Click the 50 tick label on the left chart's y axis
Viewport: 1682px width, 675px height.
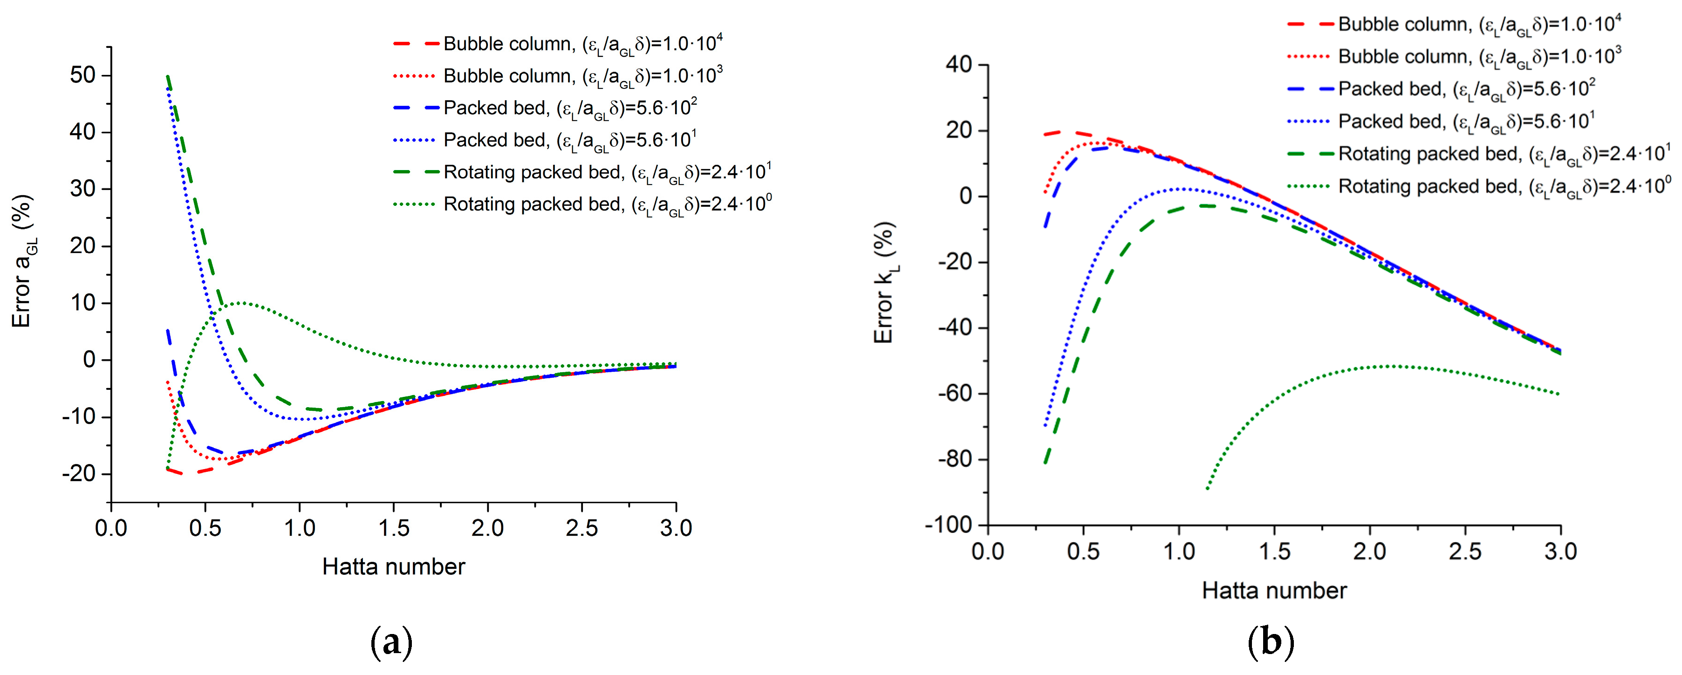[x=82, y=75]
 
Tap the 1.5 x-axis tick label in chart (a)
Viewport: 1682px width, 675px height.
[x=394, y=527]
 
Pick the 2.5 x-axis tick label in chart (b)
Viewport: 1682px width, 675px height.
[x=1465, y=552]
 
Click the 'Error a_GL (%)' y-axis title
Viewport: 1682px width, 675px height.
[x=23, y=261]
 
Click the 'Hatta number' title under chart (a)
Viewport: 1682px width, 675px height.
[x=394, y=566]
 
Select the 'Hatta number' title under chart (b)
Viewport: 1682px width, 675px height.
[x=1274, y=591]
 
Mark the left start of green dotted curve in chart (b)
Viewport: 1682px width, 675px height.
[x=1207, y=488]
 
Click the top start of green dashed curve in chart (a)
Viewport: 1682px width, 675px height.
[x=168, y=76]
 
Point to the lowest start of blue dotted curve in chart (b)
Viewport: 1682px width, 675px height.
[x=1046, y=426]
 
